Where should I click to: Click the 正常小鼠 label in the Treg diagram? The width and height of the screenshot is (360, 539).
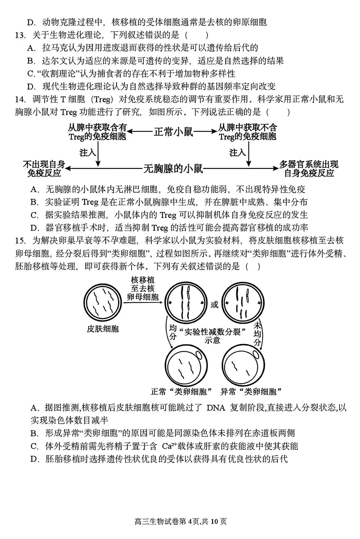[173, 132]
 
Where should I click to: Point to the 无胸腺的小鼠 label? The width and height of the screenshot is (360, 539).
[173, 169]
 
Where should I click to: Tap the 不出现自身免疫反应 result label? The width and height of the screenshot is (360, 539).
[44, 169]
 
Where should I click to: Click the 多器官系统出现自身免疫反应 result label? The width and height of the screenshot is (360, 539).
[309, 169]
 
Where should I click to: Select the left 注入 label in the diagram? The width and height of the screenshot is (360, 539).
[88, 153]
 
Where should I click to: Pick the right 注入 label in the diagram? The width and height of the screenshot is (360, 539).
[238, 153]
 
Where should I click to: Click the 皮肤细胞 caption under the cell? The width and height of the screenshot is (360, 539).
[103, 329]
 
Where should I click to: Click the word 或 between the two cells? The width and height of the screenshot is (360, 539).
[214, 304]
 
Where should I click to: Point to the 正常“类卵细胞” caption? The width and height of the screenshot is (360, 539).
[182, 392]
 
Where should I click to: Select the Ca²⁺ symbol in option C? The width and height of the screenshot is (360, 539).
[169, 446]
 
